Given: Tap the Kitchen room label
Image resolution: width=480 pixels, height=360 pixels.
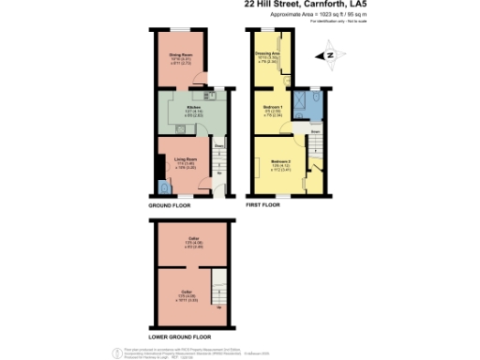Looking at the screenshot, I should pos(191,109).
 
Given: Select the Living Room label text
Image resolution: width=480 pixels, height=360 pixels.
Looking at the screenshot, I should pos(185,159).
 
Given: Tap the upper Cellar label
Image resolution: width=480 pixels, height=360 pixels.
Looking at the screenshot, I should pos(194,240).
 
